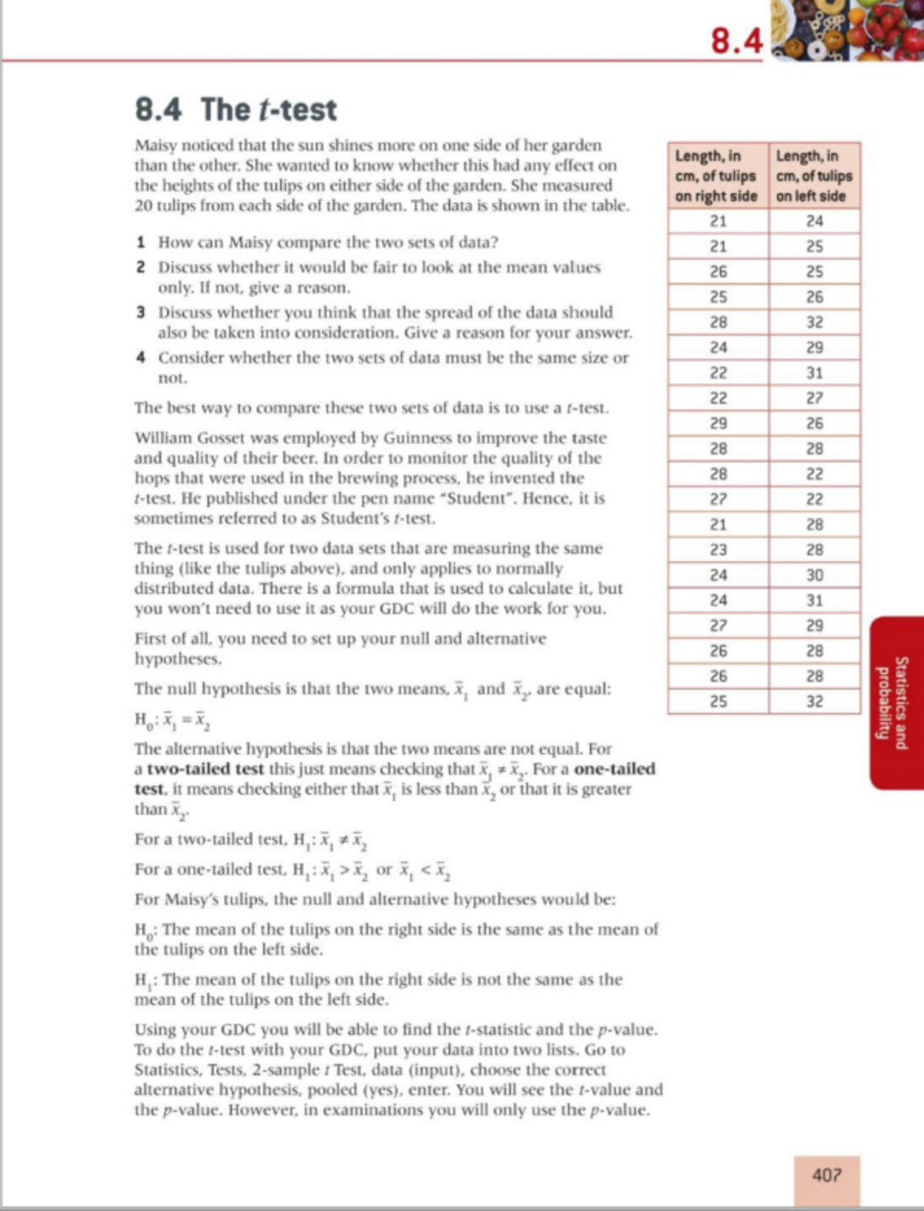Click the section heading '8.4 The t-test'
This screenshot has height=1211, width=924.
click(x=236, y=109)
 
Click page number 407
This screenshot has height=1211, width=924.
click(x=826, y=1176)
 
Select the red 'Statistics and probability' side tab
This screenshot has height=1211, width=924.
click(x=897, y=702)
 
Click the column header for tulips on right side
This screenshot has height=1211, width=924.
click(x=717, y=176)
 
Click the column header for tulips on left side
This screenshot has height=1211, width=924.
click(x=814, y=176)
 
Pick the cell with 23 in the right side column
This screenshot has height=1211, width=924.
click(x=718, y=549)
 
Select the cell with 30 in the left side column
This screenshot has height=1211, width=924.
click(x=815, y=575)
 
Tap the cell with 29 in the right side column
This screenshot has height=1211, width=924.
click(x=718, y=423)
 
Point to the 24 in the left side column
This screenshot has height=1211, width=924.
click(x=815, y=221)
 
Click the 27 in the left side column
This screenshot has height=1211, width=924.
click(x=815, y=398)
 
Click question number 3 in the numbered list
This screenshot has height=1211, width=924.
click(x=141, y=312)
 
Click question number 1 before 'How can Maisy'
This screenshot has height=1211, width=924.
click(x=141, y=242)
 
